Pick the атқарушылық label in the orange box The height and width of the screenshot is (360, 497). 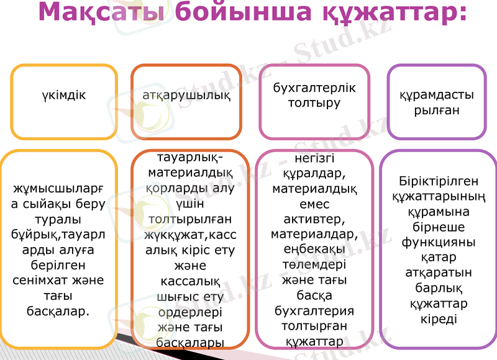click(186, 96)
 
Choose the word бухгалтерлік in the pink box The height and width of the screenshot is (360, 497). click(314, 88)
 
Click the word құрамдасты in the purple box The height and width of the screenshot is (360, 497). click(436, 96)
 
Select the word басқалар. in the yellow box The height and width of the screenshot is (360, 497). click(59, 310)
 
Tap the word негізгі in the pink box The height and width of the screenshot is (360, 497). click(314, 159)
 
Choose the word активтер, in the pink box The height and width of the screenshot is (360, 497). click(314, 219)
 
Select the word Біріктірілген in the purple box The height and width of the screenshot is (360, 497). click(439, 181)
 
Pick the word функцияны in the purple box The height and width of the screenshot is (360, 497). click(439, 242)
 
